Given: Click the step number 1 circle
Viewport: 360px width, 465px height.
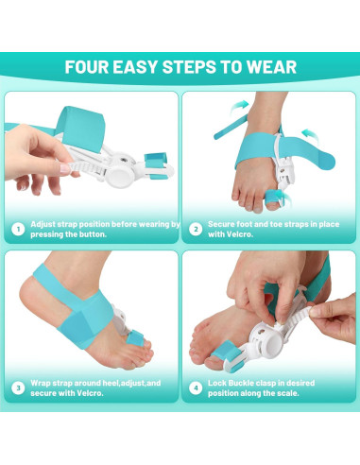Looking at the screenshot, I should [x=18, y=228].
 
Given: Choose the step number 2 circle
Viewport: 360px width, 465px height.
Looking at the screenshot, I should [x=196, y=228].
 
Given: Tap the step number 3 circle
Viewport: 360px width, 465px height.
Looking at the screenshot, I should [x=18, y=387].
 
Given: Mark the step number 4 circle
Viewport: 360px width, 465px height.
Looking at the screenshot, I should [x=196, y=387].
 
